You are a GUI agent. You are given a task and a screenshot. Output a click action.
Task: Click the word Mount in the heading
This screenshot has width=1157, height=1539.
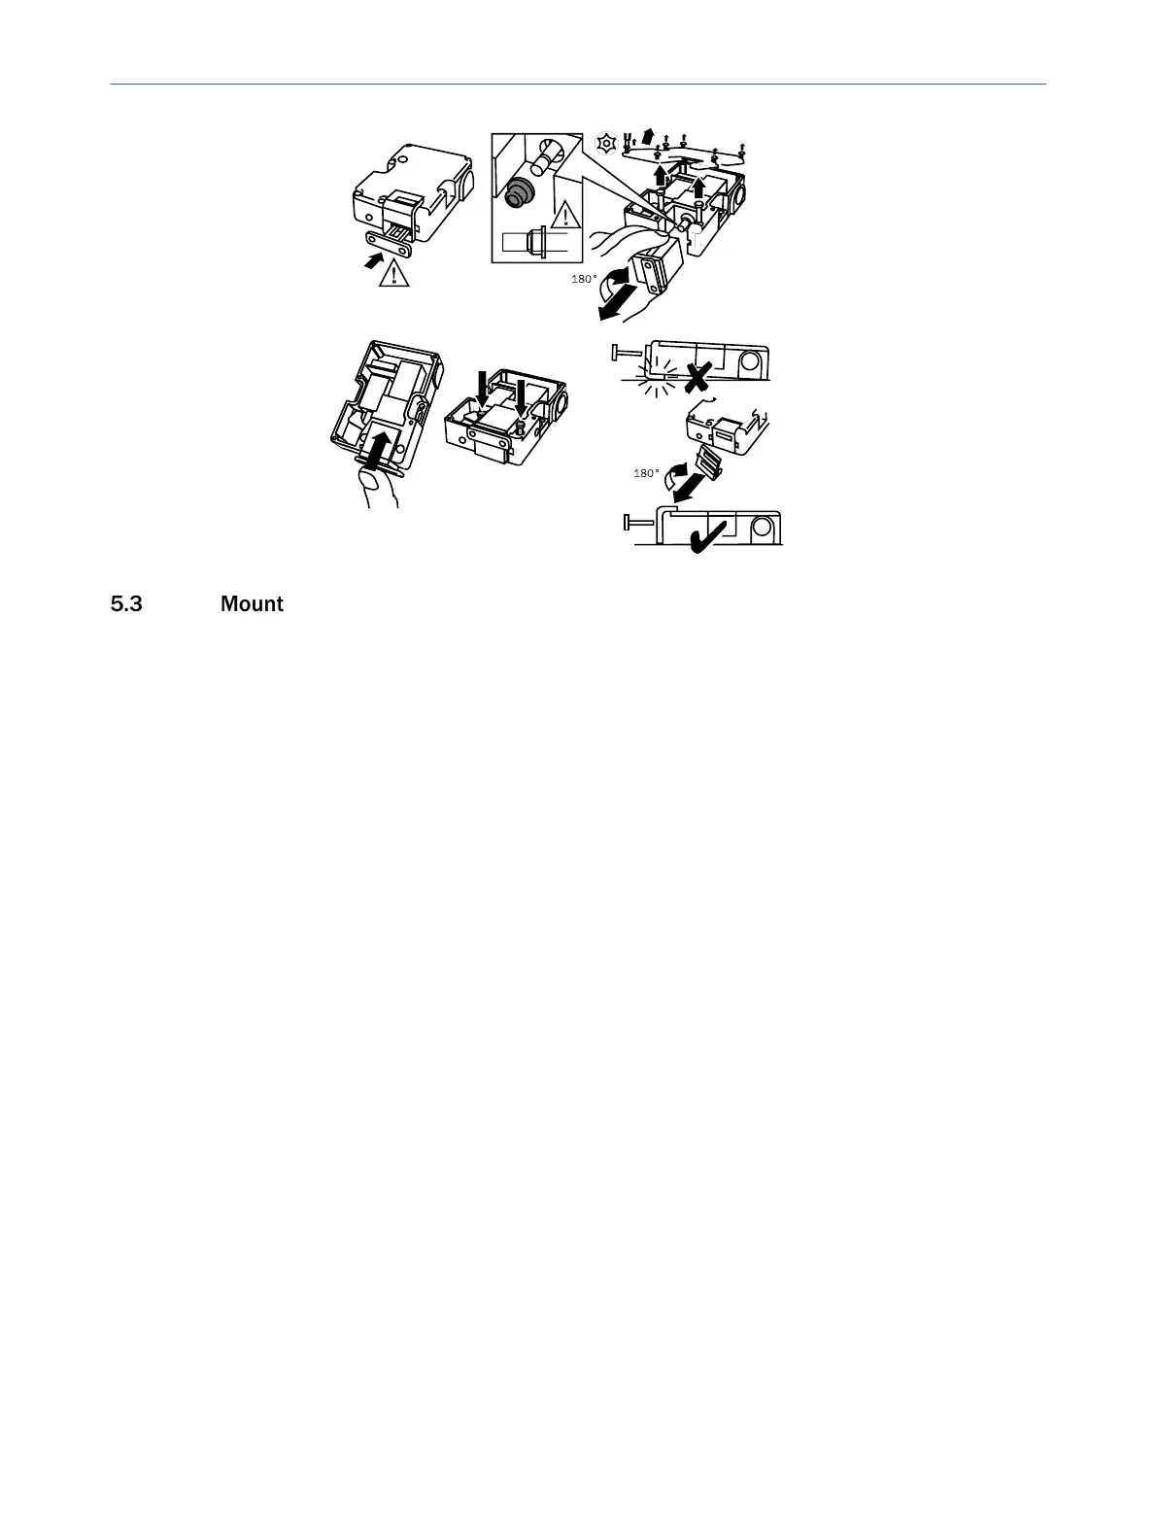click(x=252, y=604)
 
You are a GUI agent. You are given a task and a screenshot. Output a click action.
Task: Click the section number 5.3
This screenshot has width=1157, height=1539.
click(x=126, y=604)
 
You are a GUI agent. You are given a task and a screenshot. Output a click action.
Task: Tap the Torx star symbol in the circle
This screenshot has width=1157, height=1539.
click(x=607, y=143)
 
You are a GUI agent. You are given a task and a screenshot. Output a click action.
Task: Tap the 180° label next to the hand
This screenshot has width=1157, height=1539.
click(x=584, y=279)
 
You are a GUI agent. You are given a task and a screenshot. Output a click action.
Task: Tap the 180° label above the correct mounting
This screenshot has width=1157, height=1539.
click(x=646, y=473)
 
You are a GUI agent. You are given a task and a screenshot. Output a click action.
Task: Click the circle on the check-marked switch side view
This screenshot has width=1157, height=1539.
click(x=762, y=529)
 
